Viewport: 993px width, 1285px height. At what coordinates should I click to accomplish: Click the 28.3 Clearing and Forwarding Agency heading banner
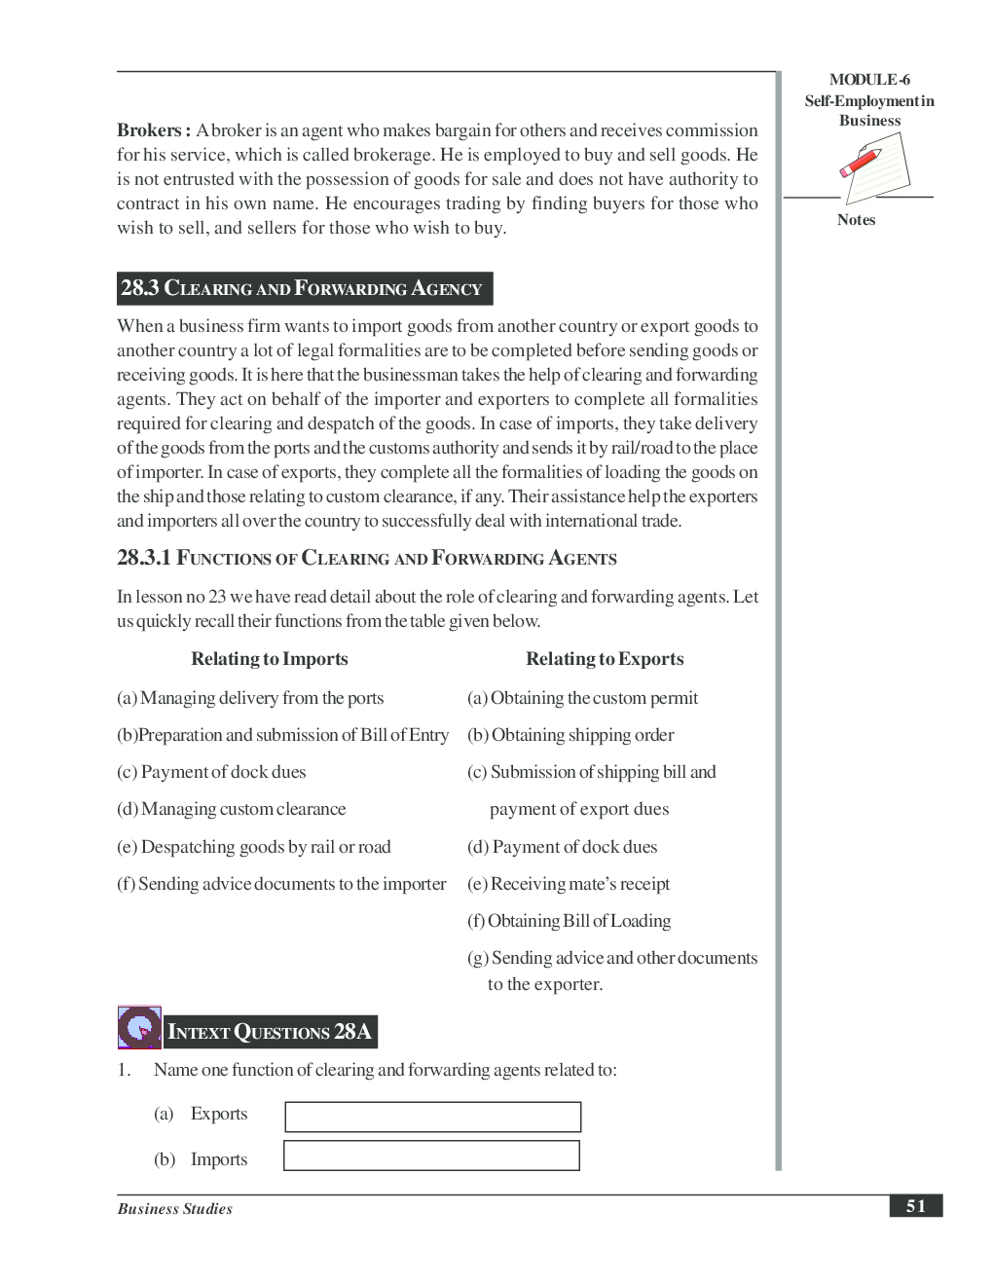click(x=304, y=288)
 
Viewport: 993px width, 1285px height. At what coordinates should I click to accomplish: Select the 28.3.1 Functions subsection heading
click(x=366, y=558)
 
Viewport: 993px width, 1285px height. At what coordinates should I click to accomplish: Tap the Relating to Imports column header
click(x=269, y=659)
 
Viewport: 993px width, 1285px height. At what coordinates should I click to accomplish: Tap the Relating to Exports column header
click(x=605, y=659)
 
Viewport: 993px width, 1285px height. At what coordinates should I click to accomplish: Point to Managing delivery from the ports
click(x=250, y=698)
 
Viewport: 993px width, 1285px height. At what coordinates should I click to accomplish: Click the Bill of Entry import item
click(x=282, y=735)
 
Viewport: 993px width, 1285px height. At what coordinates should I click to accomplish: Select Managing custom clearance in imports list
click(x=232, y=809)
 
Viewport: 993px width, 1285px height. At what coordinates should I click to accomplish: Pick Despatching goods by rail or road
click(x=254, y=847)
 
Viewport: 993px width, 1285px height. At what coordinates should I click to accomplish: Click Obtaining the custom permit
click(x=582, y=698)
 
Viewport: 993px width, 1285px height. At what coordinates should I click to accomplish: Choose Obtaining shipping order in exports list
click(x=570, y=735)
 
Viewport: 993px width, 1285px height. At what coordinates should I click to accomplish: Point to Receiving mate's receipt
click(x=569, y=884)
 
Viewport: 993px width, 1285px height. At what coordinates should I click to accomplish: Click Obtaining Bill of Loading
click(x=569, y=921)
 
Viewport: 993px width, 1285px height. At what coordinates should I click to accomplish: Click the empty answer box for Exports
click(x=433, y=1117)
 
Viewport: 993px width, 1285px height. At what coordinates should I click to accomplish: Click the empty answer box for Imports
click(x=431, y=1156)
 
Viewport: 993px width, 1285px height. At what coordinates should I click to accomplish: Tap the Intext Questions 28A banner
click(x=270, y=1032)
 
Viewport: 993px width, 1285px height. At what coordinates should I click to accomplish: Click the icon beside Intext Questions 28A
click(x=139, y=1027)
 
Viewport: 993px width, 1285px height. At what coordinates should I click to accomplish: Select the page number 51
click(x=915, y=1206)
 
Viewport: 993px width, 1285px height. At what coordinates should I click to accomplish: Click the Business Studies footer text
click(x=175, y=1209)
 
